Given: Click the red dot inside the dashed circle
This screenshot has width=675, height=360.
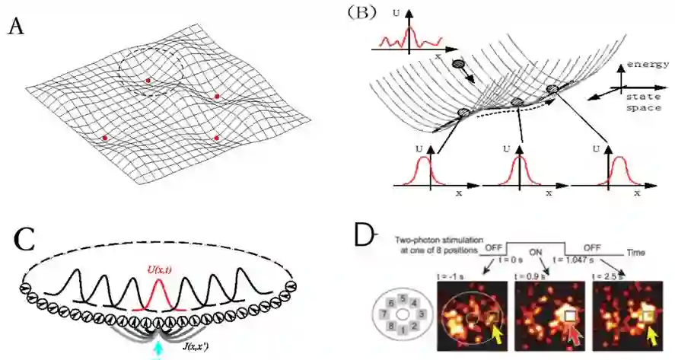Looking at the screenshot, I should point(148,80).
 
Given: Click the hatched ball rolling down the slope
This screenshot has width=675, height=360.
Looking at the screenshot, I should point(458,65).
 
